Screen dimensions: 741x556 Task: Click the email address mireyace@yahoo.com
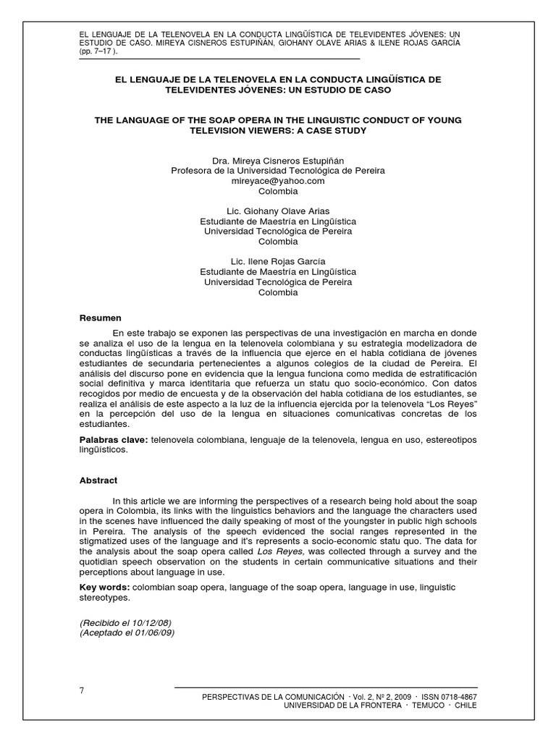278,181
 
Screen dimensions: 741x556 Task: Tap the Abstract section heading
98,480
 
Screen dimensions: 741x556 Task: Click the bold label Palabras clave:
113,440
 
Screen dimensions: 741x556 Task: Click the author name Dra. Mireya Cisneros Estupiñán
278,160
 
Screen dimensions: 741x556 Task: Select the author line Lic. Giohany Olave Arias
278,211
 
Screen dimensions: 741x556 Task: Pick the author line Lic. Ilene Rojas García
278,261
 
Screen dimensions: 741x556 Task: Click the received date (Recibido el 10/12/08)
125,622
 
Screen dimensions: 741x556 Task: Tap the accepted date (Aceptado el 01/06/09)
127,632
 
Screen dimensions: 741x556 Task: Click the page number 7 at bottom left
82,690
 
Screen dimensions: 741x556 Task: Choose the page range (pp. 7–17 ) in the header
98,52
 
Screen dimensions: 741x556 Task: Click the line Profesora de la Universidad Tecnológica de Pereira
278,171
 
